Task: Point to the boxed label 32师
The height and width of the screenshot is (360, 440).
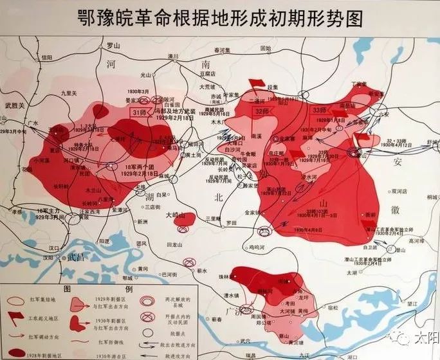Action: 262,111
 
